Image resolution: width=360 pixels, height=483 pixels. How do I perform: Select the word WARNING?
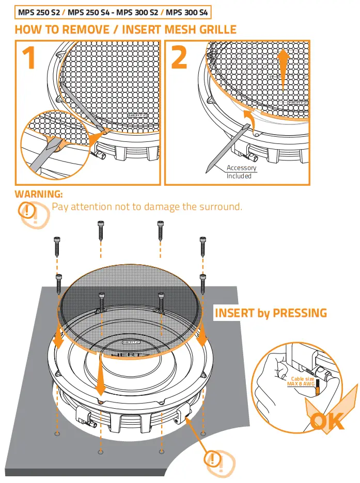pos(39,194)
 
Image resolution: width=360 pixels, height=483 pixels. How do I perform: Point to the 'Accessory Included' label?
pos(241,172)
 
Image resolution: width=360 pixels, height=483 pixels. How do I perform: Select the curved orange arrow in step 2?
pos(248,116)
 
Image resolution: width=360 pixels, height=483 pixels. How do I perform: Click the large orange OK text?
pos(327,421)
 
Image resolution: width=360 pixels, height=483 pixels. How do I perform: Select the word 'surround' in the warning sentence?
pos(221,207)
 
